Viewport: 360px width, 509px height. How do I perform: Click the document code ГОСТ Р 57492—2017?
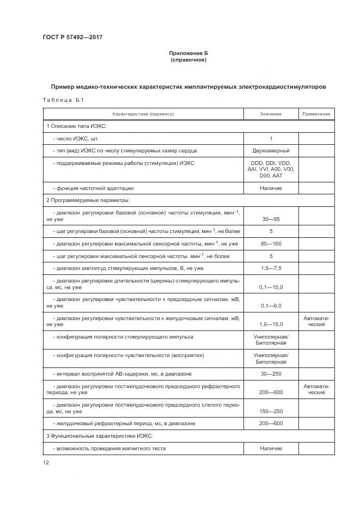[72, 37]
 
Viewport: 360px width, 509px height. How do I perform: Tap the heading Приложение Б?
[188, 53]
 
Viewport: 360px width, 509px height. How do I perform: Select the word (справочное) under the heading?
[188, 59]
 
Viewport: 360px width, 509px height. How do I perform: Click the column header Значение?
[271, 114]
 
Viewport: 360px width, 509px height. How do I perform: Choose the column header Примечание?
[316, 114]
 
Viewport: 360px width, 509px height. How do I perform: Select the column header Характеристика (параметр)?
[143, 114]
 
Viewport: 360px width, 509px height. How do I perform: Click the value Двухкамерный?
[271, 150]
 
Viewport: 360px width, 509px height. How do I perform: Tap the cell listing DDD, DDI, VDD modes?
[271, 169]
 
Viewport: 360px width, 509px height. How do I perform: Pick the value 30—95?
[271, 218]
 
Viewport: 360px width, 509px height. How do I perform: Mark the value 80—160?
[271, 243]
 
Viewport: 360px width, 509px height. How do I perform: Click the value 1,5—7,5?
[271, 268]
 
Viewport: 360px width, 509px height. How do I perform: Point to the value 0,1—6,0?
[271, 305]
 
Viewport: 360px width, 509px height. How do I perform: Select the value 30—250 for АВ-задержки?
[271, 373]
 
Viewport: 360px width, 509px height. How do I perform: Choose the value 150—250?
[271, 411]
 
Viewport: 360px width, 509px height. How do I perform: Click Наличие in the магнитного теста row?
[271, 448]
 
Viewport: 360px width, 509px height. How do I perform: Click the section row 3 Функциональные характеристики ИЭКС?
[100, 436]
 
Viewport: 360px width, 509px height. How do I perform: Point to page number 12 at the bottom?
[46, 463]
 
